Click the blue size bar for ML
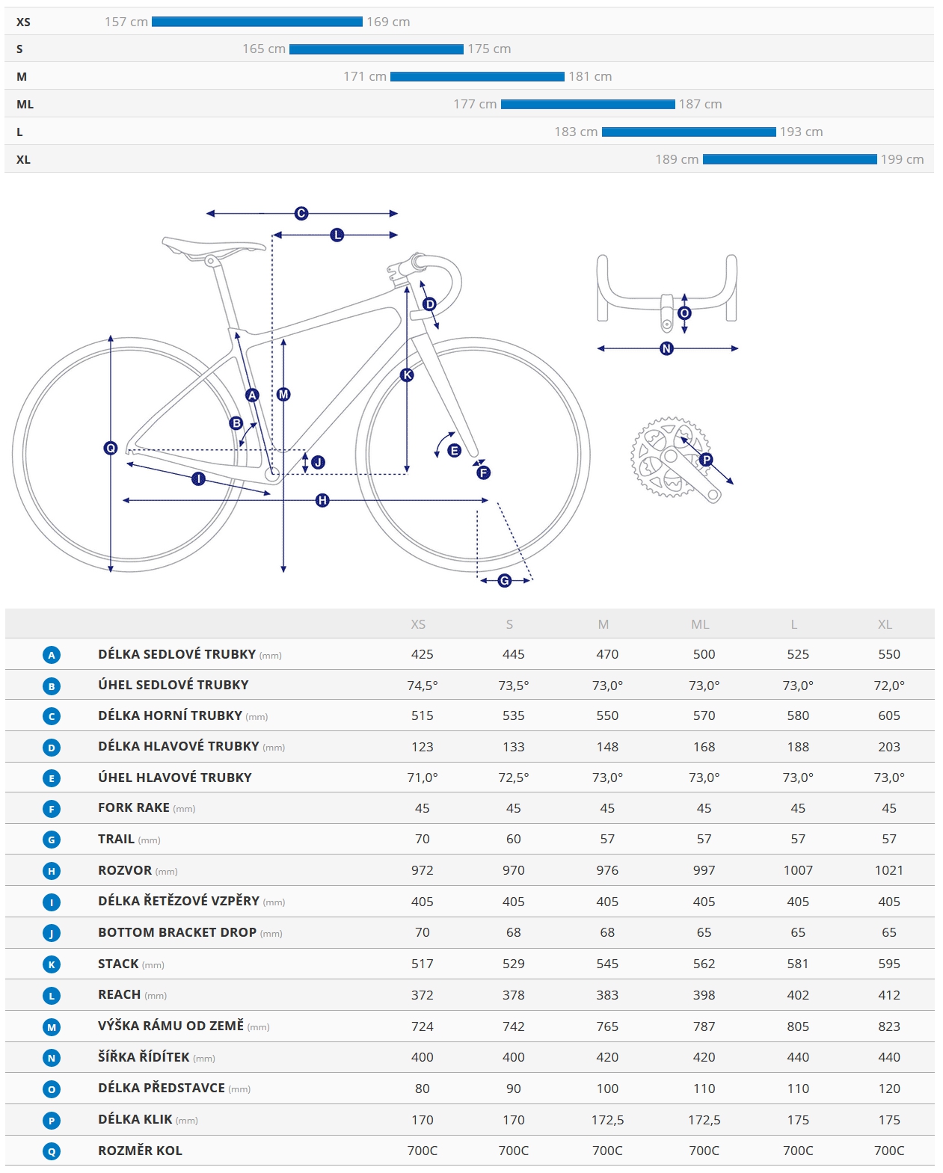coord(588,105)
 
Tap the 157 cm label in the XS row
coord(126,22)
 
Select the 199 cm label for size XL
coord(902,159)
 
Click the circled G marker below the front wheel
coord(505,581)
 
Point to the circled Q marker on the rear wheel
coord(111,448)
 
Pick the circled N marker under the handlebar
coord(666,348)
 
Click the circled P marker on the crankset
coord(706,460)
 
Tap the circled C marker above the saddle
coord(301,214)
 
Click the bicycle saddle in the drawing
coord(213,246)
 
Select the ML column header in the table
coord(700,624)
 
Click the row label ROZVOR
coord(125,870)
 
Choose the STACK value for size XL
coord(888,964)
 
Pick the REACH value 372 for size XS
coord(422,995)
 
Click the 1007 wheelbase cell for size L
coord(798,870)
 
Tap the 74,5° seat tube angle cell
coord(422,685)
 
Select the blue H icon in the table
coord(52,871)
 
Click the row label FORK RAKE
coord(134,807)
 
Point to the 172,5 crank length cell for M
coord(607,1120)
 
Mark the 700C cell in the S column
coord(513,1151)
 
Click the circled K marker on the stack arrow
coord(407,375)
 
